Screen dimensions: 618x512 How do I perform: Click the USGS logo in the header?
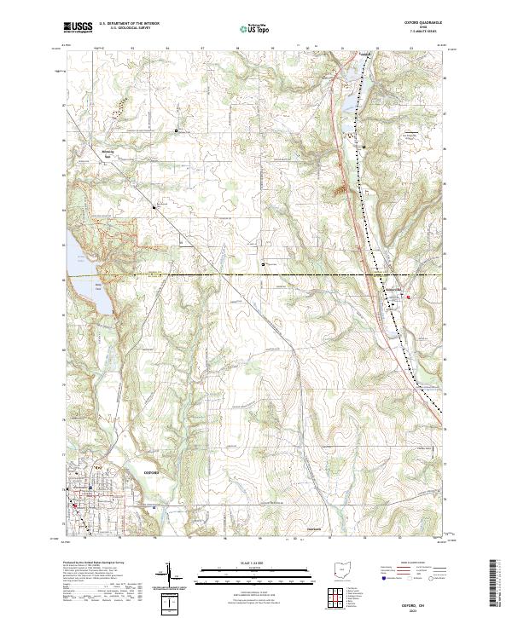[78, 28]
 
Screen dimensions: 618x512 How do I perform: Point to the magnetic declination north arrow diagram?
[173, 576]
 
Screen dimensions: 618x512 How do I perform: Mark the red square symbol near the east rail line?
[408, 296]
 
